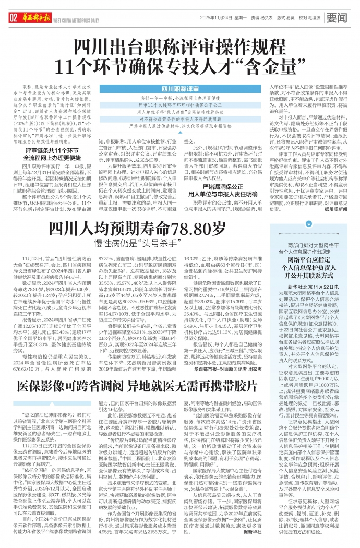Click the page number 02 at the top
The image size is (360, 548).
[x=13, y=18]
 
